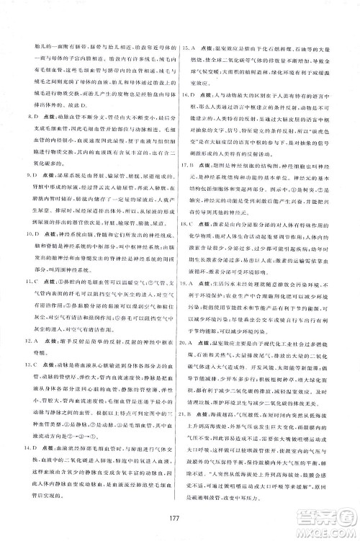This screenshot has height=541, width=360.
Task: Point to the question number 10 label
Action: pos(28,254)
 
